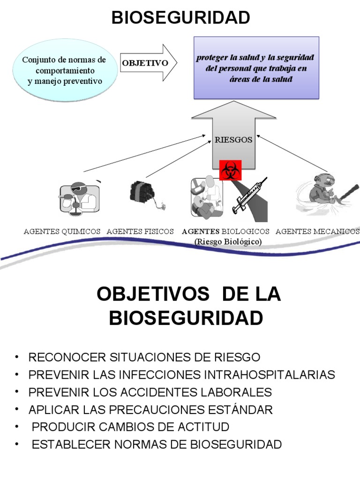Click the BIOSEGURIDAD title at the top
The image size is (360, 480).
[180, 18]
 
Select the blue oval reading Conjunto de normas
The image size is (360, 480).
[64, 71]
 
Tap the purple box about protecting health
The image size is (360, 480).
[256, 68]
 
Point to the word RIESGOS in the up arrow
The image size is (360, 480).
[233, 139]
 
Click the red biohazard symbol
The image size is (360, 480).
[230, 171]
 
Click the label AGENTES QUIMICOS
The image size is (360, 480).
[62, 232]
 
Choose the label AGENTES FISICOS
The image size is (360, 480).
[140, 232]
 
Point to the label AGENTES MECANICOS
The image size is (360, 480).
[317, 232]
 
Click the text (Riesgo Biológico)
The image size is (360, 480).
[228, 242]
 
